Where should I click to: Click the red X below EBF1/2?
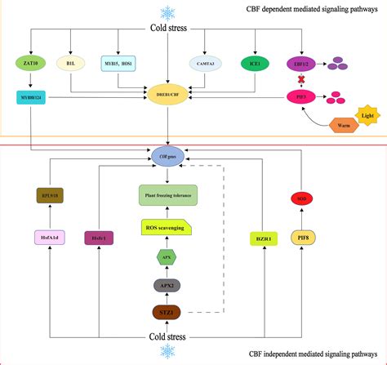click(301, 80)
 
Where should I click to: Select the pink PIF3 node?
click(301, 97)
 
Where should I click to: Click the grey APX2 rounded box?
click(167, 285)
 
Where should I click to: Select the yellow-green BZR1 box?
click(263, 238)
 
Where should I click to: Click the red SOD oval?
click(301, 198)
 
